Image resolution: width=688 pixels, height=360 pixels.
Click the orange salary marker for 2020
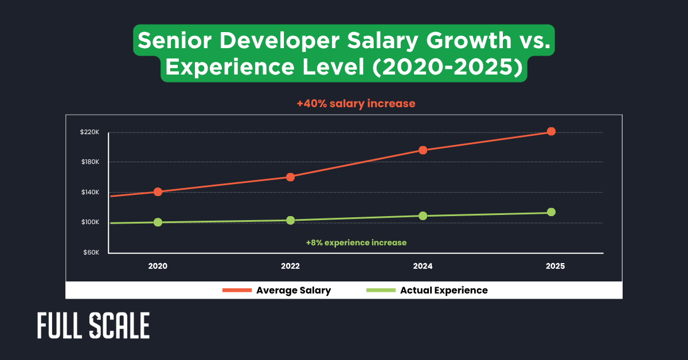pyautogui.click(x=158, y=192)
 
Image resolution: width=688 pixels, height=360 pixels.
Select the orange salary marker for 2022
pyautogui.click(x=290, y=177)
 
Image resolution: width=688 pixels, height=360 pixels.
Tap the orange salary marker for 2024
pyautogui.click(x=423, y=150)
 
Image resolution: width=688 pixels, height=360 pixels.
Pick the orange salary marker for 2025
pyautogui.click(x=551, y=131)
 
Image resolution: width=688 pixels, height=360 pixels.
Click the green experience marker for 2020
pyautogui.click(x=158, y=222)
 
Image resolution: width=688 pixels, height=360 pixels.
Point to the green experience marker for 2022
pyautogui.click(x=290, y=220)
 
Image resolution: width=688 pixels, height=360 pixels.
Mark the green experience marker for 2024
pyautogui.click(x=423, y=216)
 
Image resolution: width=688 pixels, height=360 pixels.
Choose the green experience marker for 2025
pyautogui.click(x=551, y=212)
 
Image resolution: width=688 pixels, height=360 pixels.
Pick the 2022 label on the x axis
pyautogui.click(x=290, y=266)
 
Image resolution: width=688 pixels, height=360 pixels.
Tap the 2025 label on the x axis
pyautogui.click(x=555, y=266)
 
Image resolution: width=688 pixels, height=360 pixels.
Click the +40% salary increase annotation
pyautogui.click(x=355, y=104)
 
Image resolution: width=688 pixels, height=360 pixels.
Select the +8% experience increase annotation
pyautogui.click(x=356, y=243)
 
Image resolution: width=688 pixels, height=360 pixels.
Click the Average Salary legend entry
pyautogui.click(x=277, y=290)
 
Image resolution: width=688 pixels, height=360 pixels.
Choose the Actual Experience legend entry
pyautogui.click(x=427, y=290)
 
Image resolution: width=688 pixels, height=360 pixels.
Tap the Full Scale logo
pyautogui.click(x=93, y=326)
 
